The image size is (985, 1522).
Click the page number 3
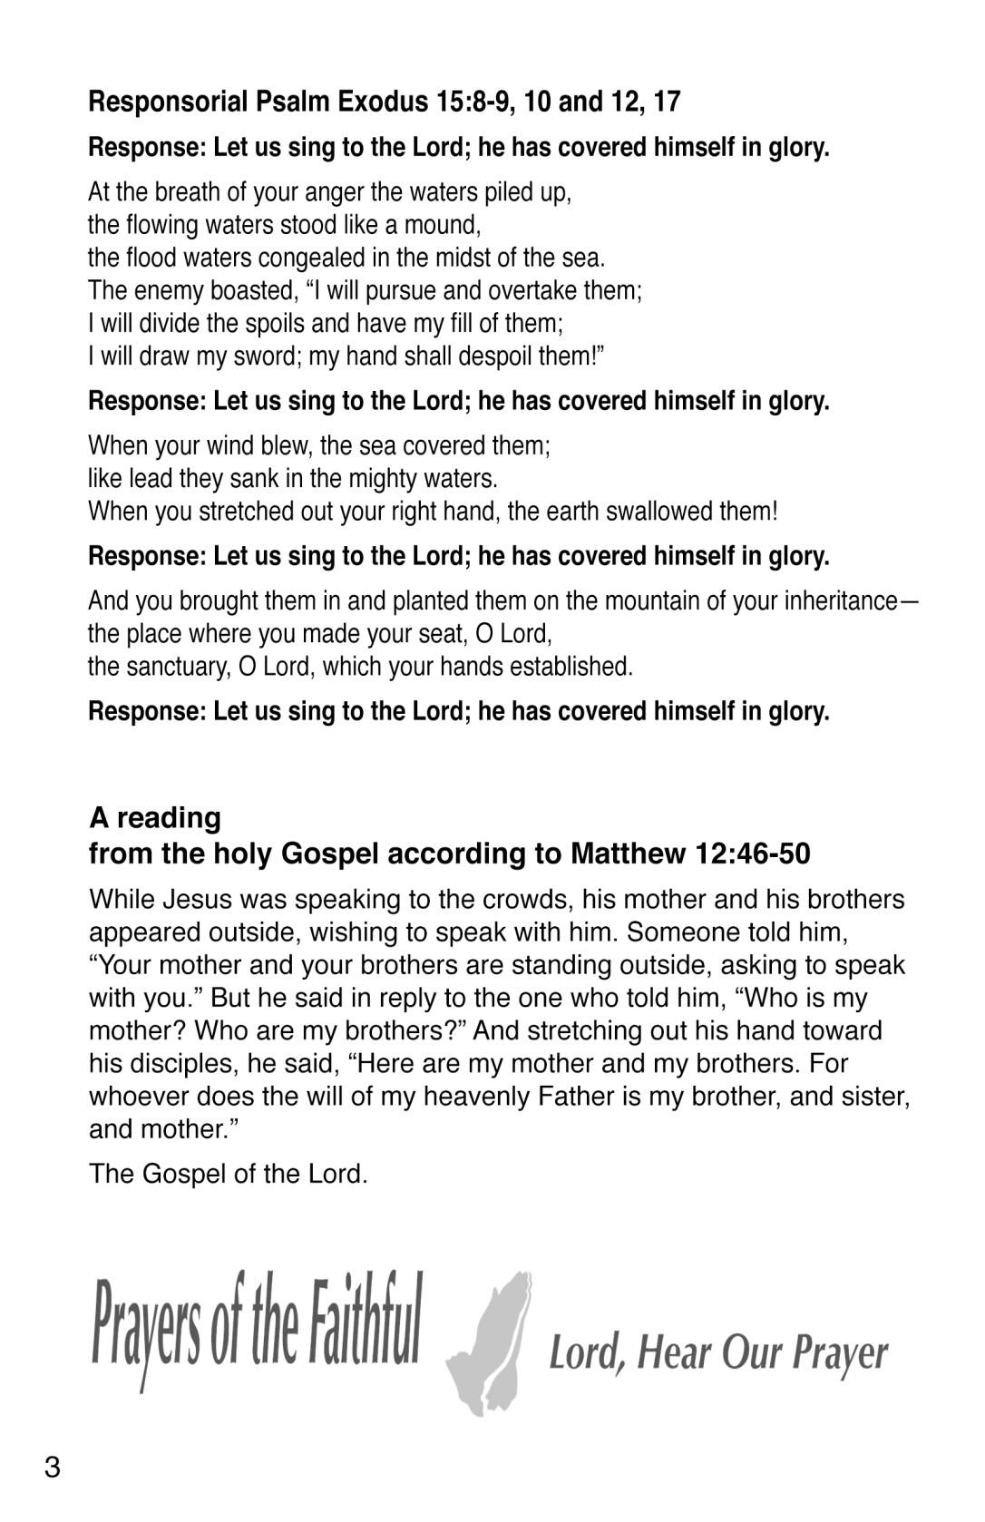(52, 1468)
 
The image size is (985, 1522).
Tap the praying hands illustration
(491, 1343)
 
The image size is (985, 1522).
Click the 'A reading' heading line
(155, 817)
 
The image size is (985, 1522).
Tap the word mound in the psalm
(442, 225)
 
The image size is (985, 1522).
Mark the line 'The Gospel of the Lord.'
(228, 1175)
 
